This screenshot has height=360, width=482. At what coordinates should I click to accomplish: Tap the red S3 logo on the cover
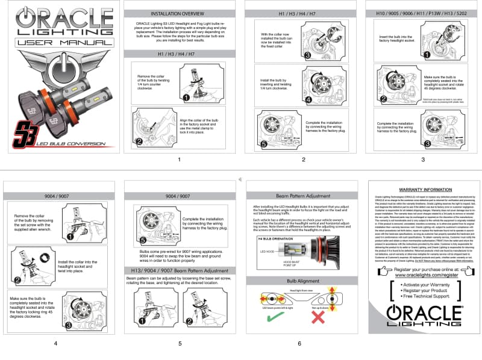coord(25,132)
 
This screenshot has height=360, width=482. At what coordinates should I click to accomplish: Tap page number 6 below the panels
coord(299,343)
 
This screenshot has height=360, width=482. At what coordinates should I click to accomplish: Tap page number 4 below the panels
coord(56,343)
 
